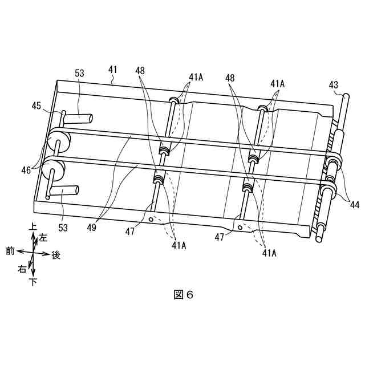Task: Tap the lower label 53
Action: click(x=63, y=228)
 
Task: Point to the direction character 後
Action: click(x=56, y=255)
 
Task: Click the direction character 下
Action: click(x=33, y=281)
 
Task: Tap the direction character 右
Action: click(x=22, y=269)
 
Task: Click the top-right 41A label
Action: click(x=278, y=83)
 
